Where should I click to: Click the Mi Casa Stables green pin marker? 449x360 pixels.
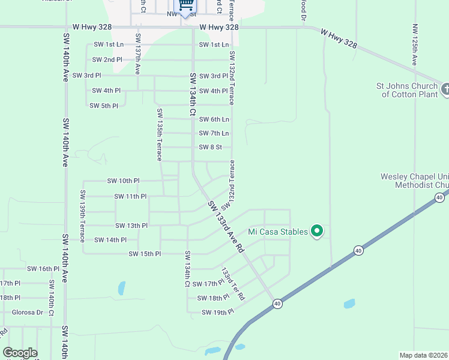[x=318, y=231]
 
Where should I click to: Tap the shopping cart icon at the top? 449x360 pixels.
[x=186, y=5]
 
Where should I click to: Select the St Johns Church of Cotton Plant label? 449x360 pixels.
[x=407, y=90]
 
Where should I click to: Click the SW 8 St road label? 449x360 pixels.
[x=211, y=147]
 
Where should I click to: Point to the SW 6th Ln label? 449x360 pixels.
[x=214, y=119]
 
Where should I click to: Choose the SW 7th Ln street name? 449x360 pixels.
[x=214, y=133]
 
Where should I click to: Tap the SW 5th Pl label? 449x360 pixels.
[x=104, y=106]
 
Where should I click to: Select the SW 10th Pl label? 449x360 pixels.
[x=123, y=181]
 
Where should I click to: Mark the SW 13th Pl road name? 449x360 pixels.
[x=131, y=226]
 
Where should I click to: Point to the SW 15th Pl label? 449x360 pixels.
[x=145, y=254]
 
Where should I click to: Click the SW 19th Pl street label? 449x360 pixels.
[x=217, y=313]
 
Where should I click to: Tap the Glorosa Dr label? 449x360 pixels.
[x=28, y=312]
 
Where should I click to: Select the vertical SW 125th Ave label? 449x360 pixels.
[x=415, y=45]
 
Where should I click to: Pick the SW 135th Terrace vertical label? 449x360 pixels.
[x=160, y=134]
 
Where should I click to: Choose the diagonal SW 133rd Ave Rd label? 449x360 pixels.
[x=226, y=226]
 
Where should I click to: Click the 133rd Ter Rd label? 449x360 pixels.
[x=233, y=284]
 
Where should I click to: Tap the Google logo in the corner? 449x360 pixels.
[x=20, y=353]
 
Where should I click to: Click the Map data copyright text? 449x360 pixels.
[x=423, y=355]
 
